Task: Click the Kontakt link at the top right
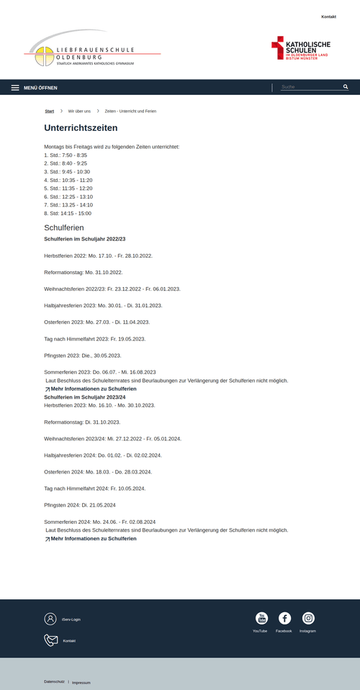click(328, 16)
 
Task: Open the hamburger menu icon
click(15, 88)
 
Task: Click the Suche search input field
click(308, 87)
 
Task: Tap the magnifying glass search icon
click(346, 87)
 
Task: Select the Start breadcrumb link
click(49, 112)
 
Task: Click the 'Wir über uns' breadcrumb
click(79, 112)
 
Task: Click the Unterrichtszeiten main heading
click(81, 128)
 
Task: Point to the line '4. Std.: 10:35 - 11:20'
click(68, 180)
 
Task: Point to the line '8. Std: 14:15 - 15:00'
click(68, 213)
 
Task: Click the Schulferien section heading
click(64, 227)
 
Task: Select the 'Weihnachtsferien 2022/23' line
click(112, 289)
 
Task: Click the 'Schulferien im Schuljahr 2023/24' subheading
click(85, 397)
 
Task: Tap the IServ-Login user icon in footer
click(50, 619)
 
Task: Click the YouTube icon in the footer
click(262, 618)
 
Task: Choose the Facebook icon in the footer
click(284, 618)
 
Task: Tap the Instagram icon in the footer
click(308, 618)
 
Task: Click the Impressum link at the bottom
click(81, 682)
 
